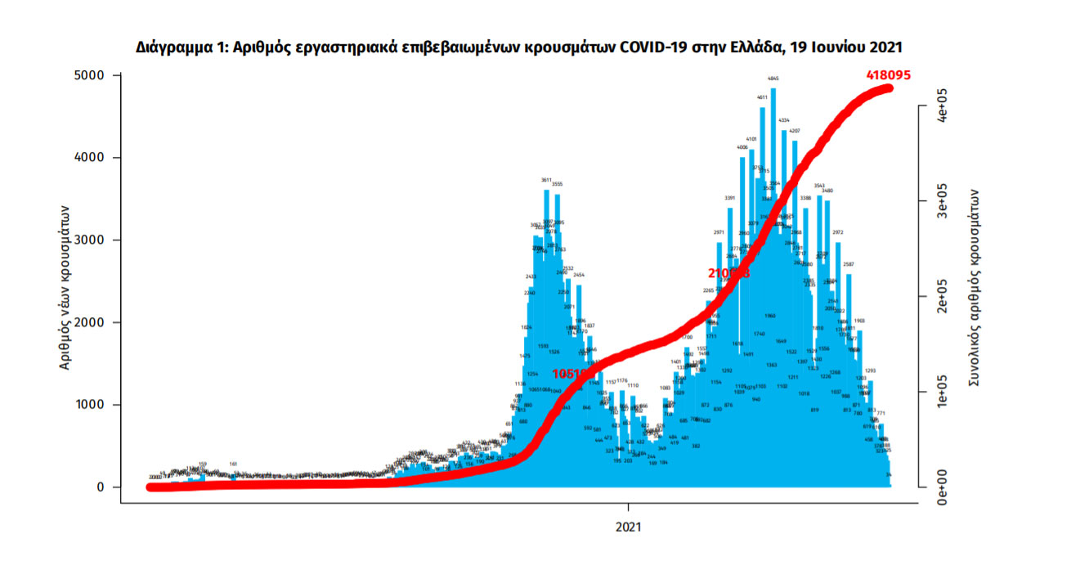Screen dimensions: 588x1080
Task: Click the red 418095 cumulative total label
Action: (x=889, y=75)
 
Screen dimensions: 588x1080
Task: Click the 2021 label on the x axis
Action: (x=629, y=528)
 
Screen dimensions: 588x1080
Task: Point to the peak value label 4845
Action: (x=773, y=79)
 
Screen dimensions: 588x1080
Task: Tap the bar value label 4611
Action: (x=762, y=97)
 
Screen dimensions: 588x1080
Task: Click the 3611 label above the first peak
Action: (x=546, y=180)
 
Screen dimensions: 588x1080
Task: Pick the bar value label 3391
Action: (x=731, y=198)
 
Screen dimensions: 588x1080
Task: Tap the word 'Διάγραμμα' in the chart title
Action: (x=174, y=47)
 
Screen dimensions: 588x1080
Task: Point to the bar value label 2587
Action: (x=849, y=264)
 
